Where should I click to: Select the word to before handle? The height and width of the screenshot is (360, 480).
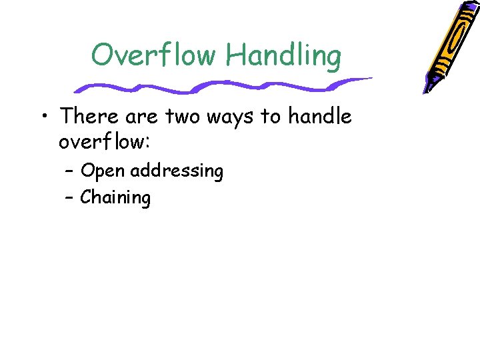coord(271,117)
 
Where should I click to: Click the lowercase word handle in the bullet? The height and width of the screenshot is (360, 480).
coord(320,117)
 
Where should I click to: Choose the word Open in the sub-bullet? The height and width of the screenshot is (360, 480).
coord(103,172)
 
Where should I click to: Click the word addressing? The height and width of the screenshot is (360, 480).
coord(177,172)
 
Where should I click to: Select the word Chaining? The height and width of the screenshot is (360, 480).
coord(115,198)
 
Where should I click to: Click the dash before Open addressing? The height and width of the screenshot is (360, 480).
coord(70,171)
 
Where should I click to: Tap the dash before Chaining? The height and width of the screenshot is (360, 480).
coord(70,197)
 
